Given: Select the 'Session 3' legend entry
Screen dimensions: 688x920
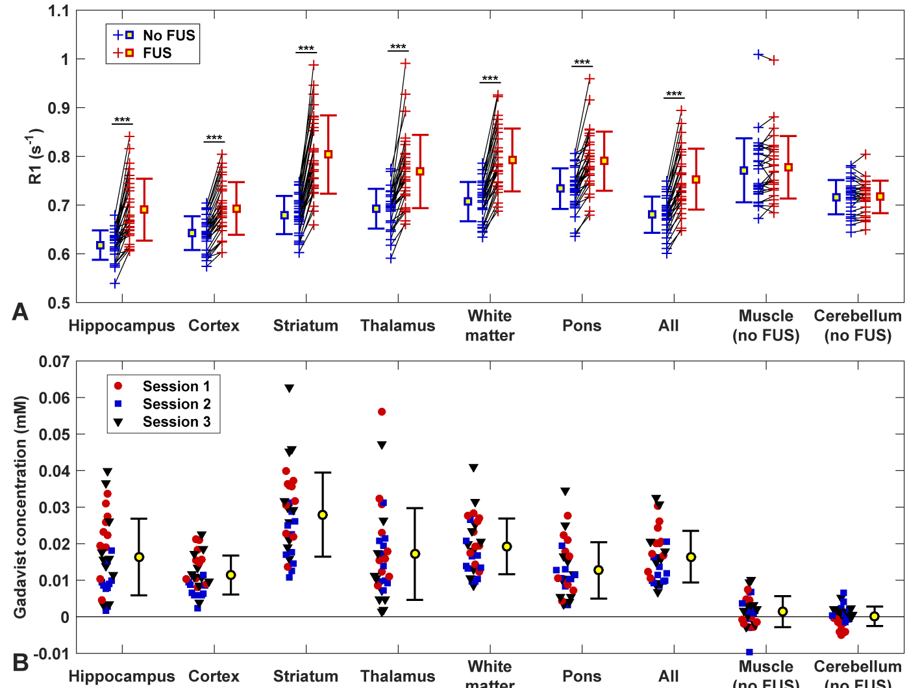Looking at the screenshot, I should point(176,422).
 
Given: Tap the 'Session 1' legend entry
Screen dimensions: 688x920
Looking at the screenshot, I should point(176,386).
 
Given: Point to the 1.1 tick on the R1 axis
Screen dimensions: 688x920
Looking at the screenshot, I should point(58,11).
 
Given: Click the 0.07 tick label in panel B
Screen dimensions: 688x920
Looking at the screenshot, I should point(54,361).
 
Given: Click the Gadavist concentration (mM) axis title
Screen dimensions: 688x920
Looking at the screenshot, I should point(21,507).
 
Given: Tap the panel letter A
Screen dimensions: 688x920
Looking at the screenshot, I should point(20,312).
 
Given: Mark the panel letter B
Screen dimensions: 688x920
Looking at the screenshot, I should point(20,663).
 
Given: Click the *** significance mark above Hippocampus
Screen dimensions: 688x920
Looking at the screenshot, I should point(122,120).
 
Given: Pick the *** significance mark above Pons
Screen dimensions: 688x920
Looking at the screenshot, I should point(582,62).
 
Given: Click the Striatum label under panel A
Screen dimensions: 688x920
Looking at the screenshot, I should point(306,325).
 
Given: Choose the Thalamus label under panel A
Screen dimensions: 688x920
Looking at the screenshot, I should point(398,325).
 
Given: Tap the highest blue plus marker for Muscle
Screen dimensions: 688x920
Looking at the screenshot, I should point(758,55).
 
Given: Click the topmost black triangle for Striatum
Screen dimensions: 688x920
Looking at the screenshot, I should point(290,389).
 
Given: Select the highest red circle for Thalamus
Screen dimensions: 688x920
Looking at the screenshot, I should point(382,412).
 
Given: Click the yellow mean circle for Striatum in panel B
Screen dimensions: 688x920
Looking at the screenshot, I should point(323,515).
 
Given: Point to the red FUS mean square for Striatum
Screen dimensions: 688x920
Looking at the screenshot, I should point(329,155).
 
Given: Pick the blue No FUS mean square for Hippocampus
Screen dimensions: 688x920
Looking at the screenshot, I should point(100,245).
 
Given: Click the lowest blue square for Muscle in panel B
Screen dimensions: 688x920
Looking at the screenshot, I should point(749,652).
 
